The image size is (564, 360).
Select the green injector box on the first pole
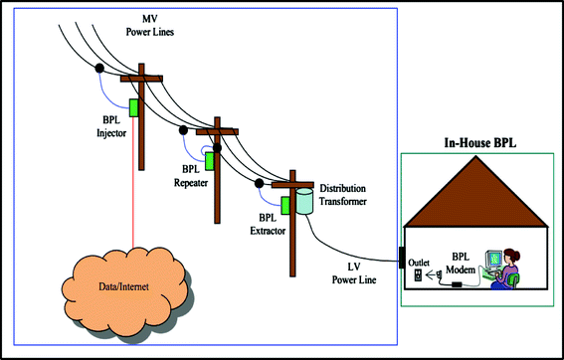pos(131,106)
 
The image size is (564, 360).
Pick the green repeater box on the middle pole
pos(210,158)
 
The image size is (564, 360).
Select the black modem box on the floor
pos(457,284)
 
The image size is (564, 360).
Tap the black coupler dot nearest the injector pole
pos(100,69)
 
